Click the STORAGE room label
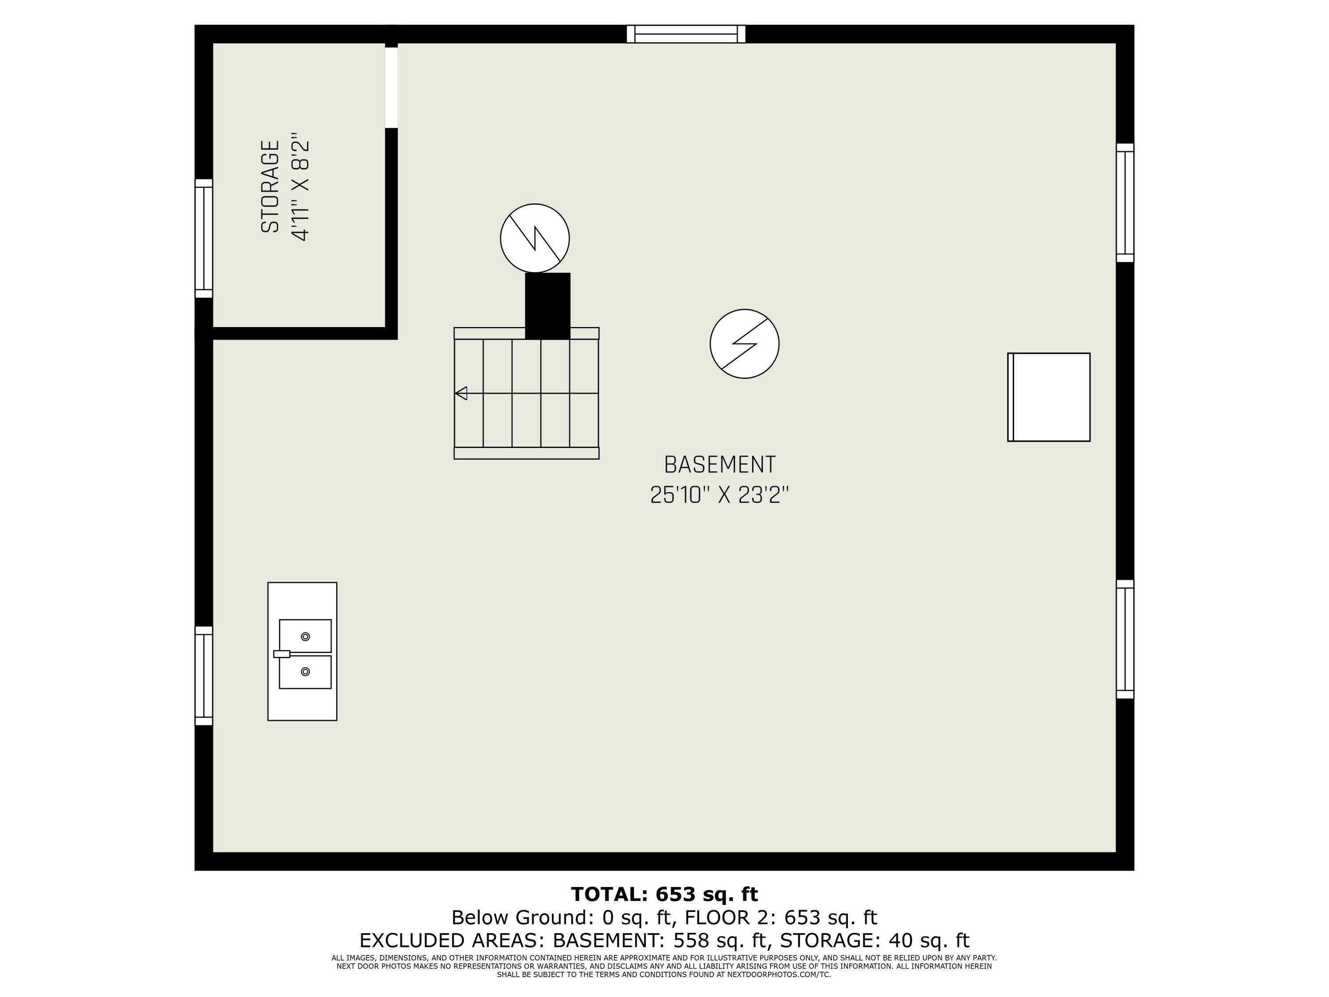(270, 187)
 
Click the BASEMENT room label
(719, 464)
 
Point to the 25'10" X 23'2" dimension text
(719, 495)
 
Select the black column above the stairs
(548, 306)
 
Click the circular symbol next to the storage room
(535, 238)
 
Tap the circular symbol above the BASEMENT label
(744, 344)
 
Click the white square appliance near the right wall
(1049, 397)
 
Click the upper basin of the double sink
(305, 636)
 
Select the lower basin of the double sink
(305, 672)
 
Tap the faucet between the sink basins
(282, 654)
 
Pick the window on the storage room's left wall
(204, 238)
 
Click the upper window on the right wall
(1125, 203)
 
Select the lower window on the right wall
(1125, 639)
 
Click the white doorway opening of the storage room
(391, 88)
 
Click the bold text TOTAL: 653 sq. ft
(664, 894)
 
